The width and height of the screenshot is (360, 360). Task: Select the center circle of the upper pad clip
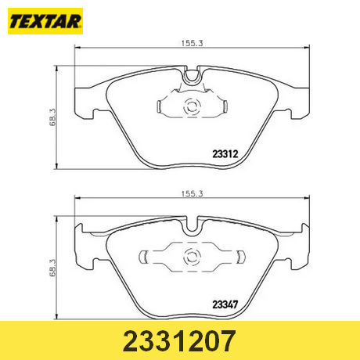pos(190,109)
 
